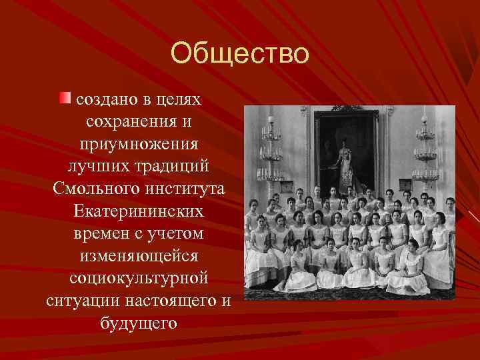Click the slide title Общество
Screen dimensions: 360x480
pos(240,53)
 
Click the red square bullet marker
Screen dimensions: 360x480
pos(64,99)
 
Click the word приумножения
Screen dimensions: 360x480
pos(138,144)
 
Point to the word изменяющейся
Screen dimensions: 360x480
pos(138,255)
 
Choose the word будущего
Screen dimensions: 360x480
pos(138,323)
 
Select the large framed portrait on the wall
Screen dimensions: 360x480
pos(346,150)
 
